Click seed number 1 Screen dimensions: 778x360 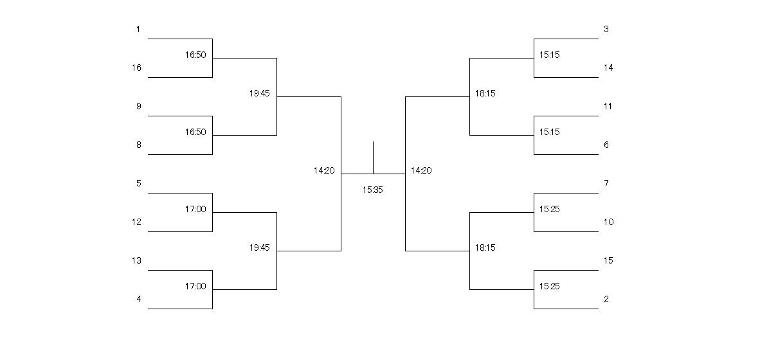[138, 29]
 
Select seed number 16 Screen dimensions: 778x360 [136, 67]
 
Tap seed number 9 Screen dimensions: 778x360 [139, 106]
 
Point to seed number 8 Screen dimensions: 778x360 [139, 145]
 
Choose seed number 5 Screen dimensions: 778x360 [139, 183]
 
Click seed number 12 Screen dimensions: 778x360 [136, 222]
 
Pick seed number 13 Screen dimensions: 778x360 [136, 260]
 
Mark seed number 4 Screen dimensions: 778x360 [139, 299]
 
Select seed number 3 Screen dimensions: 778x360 [606, 29]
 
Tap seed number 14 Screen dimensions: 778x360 [608, 67]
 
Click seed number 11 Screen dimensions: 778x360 [608, 106]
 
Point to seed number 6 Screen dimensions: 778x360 [606, 145]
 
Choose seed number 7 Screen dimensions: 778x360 [606, 183]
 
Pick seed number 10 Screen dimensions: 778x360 [608, 222]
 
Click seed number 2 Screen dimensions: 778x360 [606, 299]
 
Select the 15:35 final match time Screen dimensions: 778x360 [373, 190]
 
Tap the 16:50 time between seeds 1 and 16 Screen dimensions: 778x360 [195, 55]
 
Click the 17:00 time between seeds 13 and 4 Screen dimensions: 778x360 [195, 287]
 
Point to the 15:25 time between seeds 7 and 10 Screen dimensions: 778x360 [550, 209]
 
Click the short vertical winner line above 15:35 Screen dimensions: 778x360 [374, 157]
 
